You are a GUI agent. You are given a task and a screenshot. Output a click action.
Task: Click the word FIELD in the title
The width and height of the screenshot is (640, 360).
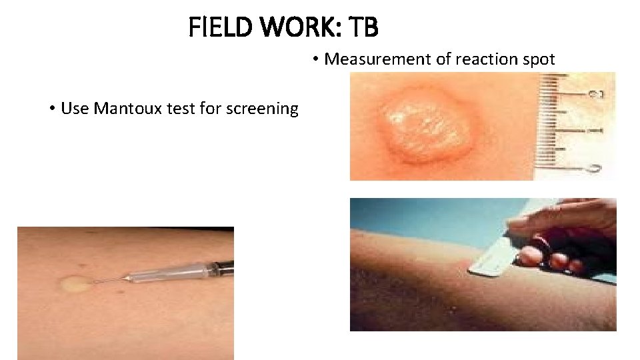pos(213,28)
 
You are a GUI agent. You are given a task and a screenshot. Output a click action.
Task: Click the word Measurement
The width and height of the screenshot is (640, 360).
pos(378,59)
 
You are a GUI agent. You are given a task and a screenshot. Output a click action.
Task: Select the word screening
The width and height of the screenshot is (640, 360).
pos(264,109)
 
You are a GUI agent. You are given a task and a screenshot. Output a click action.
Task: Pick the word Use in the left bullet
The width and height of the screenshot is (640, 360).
pos(75,108)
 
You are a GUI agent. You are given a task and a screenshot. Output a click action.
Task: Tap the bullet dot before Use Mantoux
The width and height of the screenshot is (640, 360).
pos(52,109)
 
